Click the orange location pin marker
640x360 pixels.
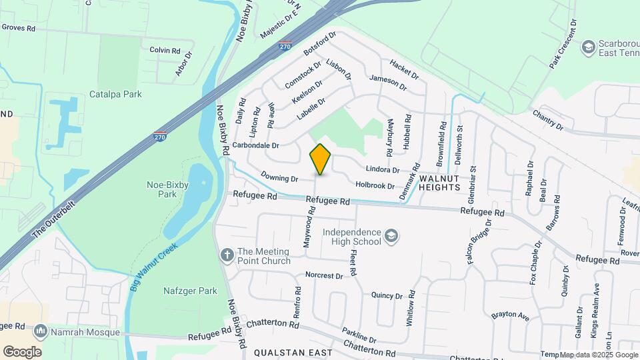(321, 159)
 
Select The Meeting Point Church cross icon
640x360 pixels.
(227, 255)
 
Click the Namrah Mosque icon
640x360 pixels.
(41, 331)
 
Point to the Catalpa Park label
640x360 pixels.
(115, 95)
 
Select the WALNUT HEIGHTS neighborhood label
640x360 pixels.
(439, 183)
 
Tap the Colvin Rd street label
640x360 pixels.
(165, 50)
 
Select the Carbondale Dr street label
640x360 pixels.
(255, 145)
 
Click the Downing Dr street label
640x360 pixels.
(279, 178)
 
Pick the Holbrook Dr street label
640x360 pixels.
(375, 185)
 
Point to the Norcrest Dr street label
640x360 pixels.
(323, 275)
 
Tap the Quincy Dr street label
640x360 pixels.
(387, 295)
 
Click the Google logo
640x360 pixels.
(22, 352)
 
